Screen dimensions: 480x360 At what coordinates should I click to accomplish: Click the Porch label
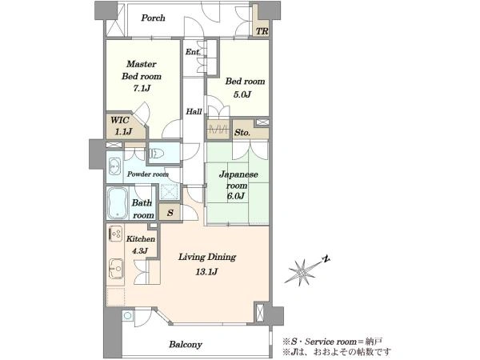pyautogui.click(x=153, y=18)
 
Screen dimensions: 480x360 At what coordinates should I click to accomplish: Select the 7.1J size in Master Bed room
pyautogui.click(x=142, y=89)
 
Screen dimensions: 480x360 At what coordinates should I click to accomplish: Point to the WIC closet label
pyautogui.click(x=120, y=120)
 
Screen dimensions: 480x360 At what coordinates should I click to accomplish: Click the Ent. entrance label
pyautogui.click(x=193, y=52)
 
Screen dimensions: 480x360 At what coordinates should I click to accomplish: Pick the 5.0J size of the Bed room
pyautogui.click(x=242, y=94)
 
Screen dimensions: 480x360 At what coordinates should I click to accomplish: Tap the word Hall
pyautogui.click(x=194, y=111)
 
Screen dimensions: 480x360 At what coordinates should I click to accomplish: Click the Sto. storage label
pyautogui.click(x=242, y=133)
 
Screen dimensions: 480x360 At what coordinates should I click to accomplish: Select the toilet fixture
pyautogui.click(x=155, y=153)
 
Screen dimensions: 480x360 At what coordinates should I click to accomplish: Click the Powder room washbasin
pyautogui.click(x=114, y=166)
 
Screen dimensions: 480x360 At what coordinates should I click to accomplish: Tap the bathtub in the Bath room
pyautogui.click(x=118, y=203)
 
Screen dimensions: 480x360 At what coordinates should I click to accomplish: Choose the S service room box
pyautogui.click(x=170, y=213)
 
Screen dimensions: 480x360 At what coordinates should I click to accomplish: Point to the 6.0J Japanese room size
pyautogui.click(x=235, y=196)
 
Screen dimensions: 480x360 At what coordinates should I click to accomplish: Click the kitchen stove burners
pyautogui.click(x=116, y=234)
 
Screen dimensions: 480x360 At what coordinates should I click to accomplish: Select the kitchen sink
pyautogui.click(x=116, y=268)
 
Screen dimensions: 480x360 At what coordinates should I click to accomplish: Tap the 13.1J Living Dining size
pyautogui.click(x=206, y=271)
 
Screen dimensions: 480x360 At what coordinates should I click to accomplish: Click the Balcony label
pyautogui.click(x=186, y=344)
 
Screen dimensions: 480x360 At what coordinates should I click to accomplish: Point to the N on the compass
pyautogui.click(x=326, y=259)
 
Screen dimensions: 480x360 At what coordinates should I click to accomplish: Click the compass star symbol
pyautogui.click(x=302, y=271)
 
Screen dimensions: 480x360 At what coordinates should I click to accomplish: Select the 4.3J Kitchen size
pyautogui.click(x=140, y=251)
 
